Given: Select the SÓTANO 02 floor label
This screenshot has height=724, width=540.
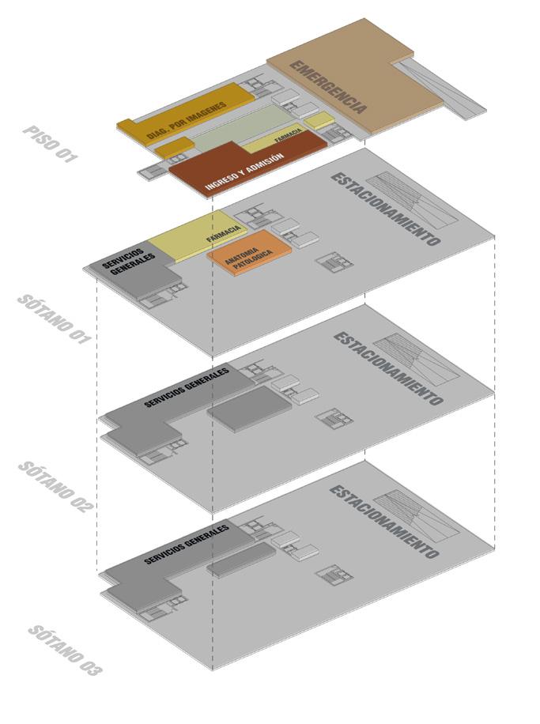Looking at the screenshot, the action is (55, 487).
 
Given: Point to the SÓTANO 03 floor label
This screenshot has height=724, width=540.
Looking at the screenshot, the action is (65, 650).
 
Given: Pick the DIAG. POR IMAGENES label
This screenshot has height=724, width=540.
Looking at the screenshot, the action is (187, 115).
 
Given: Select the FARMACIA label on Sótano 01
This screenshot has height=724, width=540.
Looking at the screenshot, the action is (224, 233).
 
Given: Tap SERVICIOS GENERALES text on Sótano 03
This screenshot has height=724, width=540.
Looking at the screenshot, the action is (187, 544).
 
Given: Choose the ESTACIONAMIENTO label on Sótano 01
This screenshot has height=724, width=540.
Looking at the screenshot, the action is (385, 209).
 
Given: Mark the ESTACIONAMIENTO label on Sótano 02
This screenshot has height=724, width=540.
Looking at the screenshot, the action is (387, 368).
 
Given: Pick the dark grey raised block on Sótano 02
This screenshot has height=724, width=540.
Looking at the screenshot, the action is (250, 408).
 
